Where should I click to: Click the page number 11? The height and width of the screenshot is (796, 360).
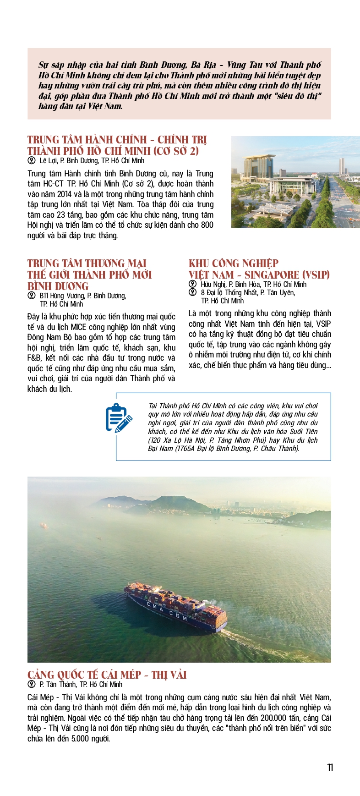(330, 768)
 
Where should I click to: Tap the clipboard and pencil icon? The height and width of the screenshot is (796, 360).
(119, 417)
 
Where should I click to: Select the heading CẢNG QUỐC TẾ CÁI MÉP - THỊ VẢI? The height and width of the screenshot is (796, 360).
(107, 675)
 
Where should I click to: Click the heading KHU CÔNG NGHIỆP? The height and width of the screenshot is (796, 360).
(233, 264)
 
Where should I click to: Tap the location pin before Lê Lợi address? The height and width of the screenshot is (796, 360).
(32, 160)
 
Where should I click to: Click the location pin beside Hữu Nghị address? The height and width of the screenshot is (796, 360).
(193, 284)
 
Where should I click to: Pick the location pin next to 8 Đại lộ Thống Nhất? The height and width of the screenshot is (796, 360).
(193, 292)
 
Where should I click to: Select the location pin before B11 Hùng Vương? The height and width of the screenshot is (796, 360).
(32, 296)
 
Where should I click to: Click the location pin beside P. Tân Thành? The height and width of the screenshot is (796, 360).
(32, 684)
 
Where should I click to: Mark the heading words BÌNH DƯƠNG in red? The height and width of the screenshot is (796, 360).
(58, 286)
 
